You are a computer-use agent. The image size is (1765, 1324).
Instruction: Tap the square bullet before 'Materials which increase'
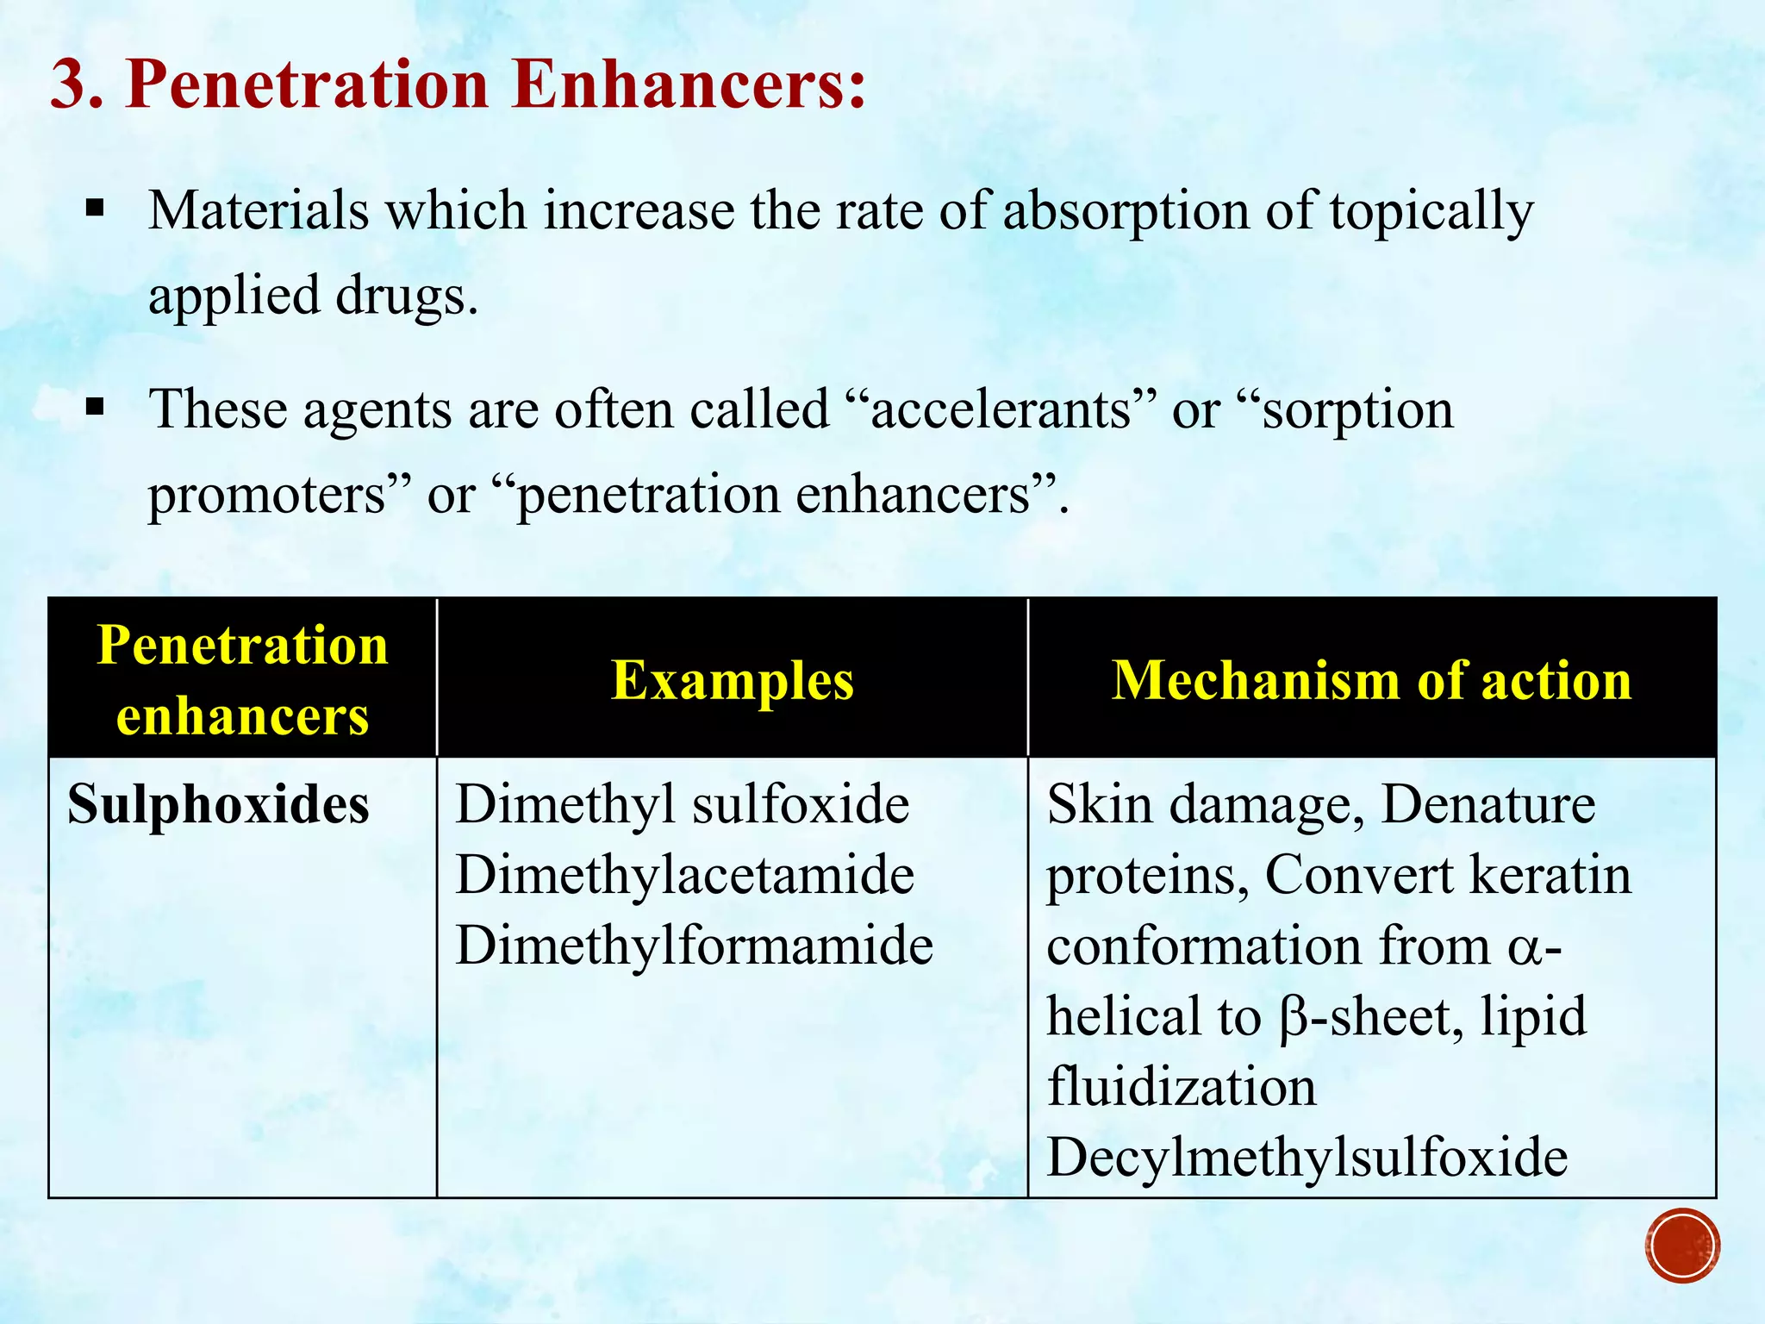95,208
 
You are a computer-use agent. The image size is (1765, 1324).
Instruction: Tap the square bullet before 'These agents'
95,406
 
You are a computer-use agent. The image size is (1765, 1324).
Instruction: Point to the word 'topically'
1431,211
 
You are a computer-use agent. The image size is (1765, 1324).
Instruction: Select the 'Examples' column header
733,680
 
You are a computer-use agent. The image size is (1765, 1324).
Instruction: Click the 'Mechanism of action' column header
1371,680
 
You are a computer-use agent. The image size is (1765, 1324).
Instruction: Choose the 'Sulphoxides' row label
218,804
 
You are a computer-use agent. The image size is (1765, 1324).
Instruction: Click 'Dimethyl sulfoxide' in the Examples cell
682,804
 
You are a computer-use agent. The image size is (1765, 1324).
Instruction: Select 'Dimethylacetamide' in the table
684,875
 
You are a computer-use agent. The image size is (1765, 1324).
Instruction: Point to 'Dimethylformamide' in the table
694,946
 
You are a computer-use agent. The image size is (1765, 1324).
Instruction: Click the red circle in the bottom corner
1681,1245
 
